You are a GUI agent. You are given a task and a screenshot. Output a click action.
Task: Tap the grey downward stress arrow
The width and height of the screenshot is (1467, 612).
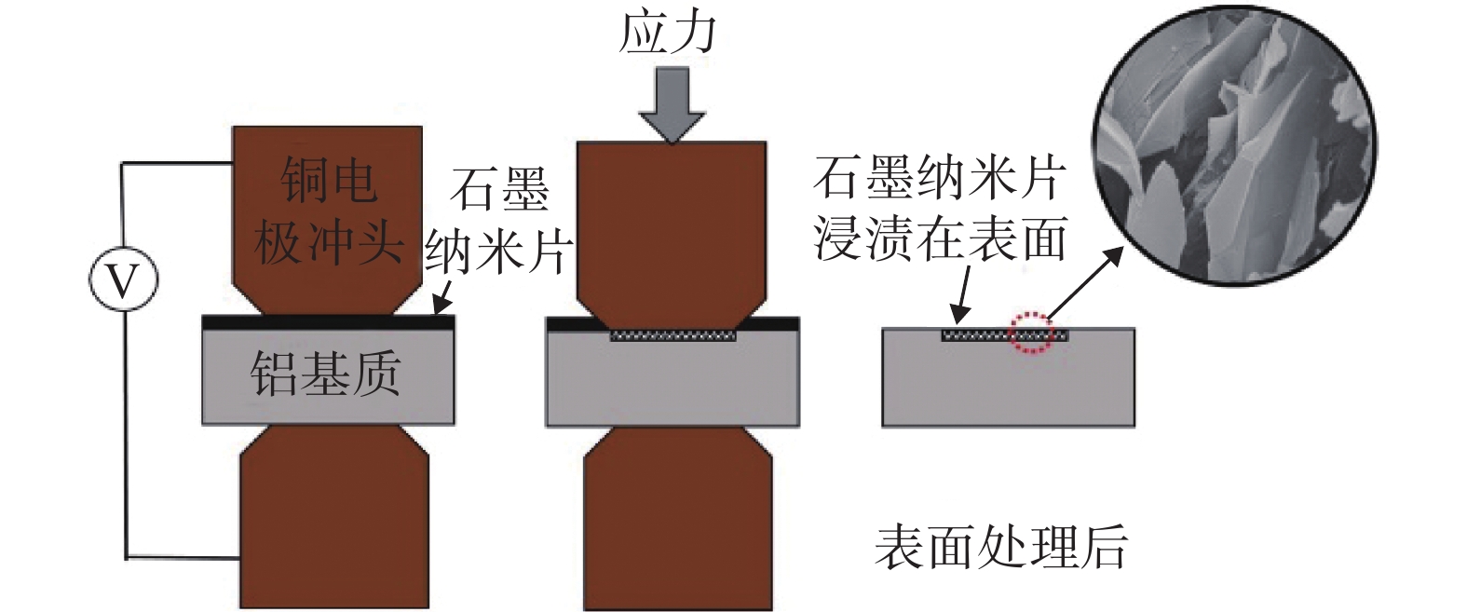[x=672, y=105]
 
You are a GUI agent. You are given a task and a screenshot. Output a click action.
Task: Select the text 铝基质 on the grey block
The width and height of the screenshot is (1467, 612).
[x=325, y=374]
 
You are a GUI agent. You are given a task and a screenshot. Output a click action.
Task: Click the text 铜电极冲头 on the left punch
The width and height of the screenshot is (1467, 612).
[x=328, y=211]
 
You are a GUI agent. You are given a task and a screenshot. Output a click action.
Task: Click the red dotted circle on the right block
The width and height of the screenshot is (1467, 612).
[x=1032, y=333]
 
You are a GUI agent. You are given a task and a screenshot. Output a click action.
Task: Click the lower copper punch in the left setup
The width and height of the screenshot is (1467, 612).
[x=334, y=517]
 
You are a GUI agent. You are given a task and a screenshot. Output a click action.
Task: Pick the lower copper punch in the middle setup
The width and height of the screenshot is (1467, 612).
[x=678, y=518]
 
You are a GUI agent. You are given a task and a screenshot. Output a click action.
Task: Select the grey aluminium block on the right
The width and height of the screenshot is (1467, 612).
[x=1008, y=377]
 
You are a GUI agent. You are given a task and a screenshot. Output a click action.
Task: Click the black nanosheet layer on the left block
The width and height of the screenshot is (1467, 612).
[x=328, y=322]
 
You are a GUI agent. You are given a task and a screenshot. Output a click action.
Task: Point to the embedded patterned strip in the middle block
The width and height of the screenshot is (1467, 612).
[x=673, y=335]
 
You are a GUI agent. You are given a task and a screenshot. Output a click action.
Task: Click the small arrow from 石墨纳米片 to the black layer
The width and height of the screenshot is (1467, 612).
[x=442, y=297]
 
